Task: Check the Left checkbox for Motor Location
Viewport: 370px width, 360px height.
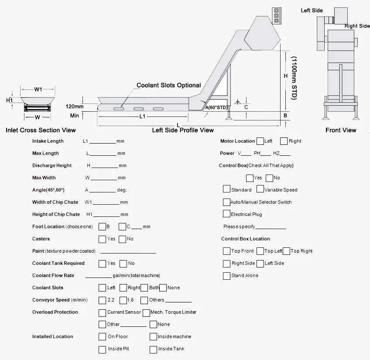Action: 260,141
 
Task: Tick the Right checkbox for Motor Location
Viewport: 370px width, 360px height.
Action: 284,141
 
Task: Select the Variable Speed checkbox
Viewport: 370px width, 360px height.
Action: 260,189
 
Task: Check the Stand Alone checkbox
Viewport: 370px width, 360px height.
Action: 226,276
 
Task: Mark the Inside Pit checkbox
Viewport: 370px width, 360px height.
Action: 102,349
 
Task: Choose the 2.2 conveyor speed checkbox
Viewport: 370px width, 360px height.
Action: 102,300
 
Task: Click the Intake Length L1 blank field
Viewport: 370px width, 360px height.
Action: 103,142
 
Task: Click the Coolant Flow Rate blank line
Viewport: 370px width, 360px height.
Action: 98,276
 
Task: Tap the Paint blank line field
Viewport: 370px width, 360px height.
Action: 128,252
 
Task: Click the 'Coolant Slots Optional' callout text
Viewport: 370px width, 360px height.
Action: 169,86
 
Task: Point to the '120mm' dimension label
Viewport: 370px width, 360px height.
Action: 75,106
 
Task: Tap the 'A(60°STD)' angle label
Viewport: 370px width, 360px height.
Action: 217,107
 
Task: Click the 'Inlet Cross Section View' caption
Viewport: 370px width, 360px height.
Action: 41,130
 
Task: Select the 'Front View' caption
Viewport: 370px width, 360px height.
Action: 341,130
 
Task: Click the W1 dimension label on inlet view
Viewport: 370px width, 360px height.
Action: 38,89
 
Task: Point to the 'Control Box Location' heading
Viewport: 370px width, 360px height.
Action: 245,239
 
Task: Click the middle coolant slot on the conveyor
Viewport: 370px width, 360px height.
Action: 139,108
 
